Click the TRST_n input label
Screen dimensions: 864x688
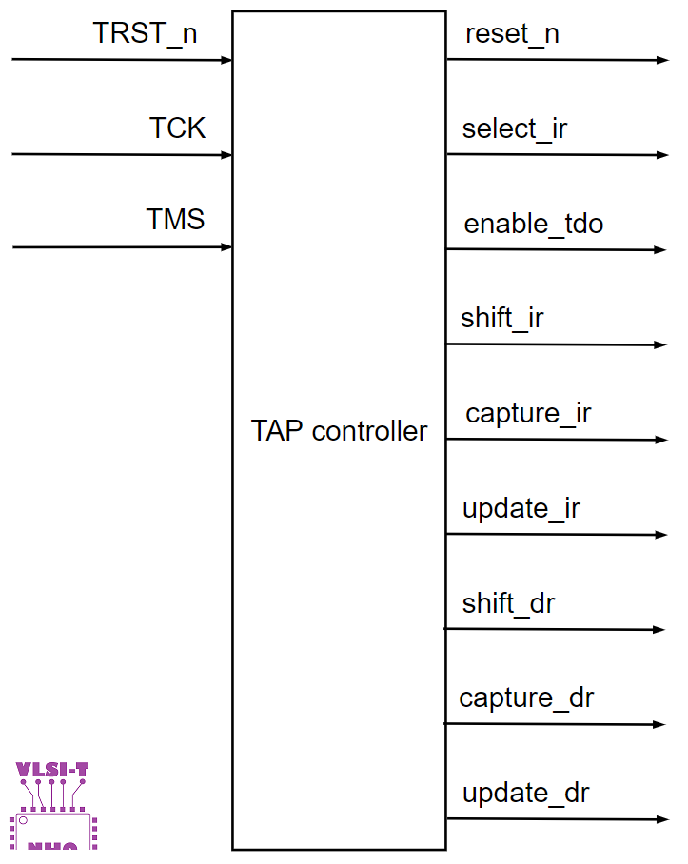[x=146, y=33]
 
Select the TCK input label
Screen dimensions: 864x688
[x=177, y=128]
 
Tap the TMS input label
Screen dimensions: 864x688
[x=175, y=220]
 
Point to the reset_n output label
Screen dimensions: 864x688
[x=512, y=34]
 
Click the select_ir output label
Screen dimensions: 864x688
[x=515, y=128]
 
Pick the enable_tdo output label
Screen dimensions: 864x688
[x=534, y=225]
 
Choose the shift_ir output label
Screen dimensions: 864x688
[x=502, y=318]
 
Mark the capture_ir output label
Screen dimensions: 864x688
[x=528, y=414]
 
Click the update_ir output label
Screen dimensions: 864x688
[x=521, y=508]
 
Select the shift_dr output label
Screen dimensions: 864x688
[x=508, y=603]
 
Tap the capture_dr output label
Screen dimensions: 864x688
[x=526, y=698]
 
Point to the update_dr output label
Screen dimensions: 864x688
[x=526, y=793]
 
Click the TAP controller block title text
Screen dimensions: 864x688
[x=339, y=431]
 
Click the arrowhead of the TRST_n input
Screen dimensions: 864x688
[x=226, y=60]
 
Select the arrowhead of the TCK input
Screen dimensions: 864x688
[x=226, y=155]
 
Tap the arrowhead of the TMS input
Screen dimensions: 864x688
[x=226, y=247]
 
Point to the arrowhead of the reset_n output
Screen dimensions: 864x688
[x=663, y=60]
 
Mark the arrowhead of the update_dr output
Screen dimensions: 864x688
[x=662, y=819]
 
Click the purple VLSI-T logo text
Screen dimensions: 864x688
[x=52, y=769]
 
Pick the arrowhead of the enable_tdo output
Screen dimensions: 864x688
[x=661, y=250]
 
